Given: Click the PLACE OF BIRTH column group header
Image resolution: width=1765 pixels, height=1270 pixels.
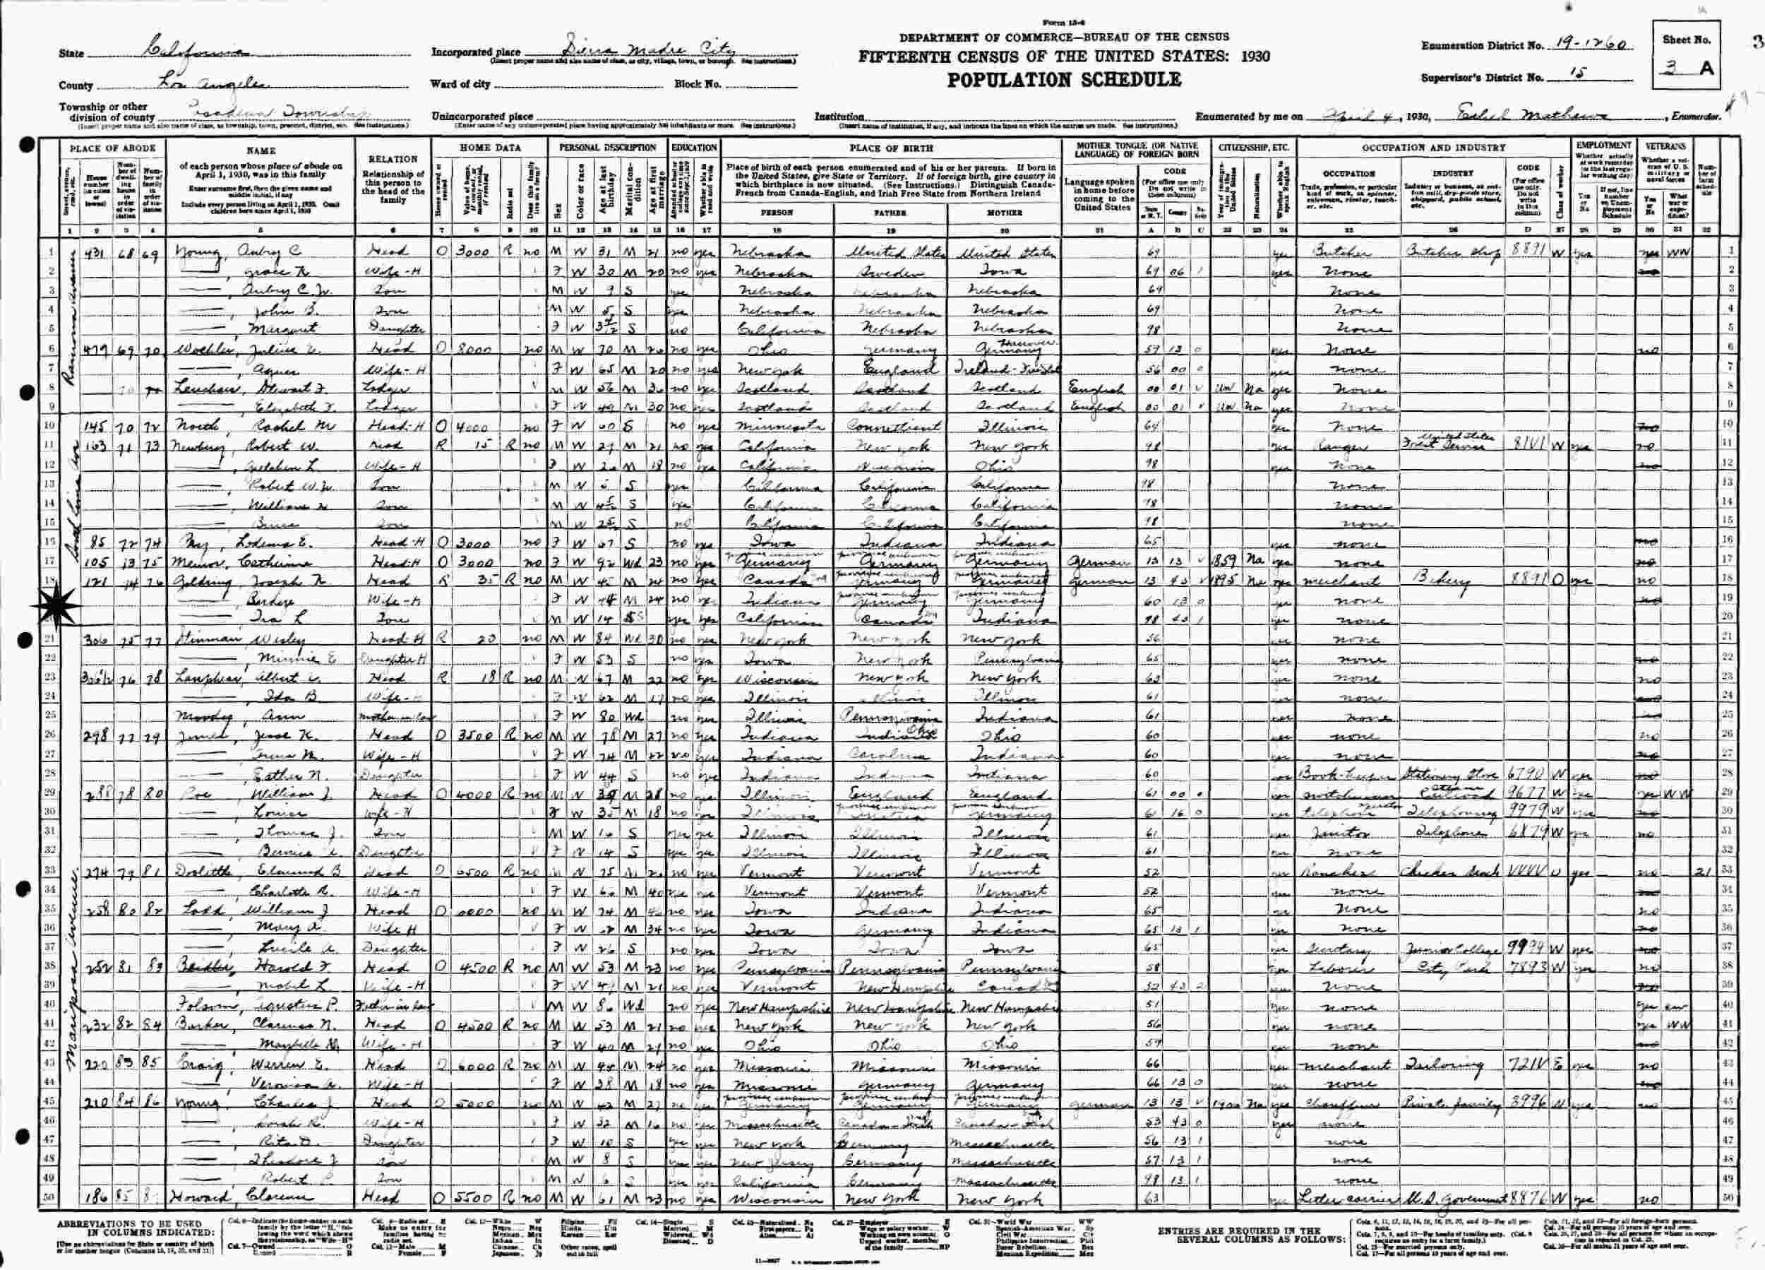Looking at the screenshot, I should [890, 147].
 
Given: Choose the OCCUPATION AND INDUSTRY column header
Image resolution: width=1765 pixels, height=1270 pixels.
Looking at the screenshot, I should [1432, 147].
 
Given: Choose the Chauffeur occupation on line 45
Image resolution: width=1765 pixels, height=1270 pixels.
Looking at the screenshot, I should [1340, 1102].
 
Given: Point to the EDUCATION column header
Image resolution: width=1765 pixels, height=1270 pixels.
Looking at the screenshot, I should [694, 147].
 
